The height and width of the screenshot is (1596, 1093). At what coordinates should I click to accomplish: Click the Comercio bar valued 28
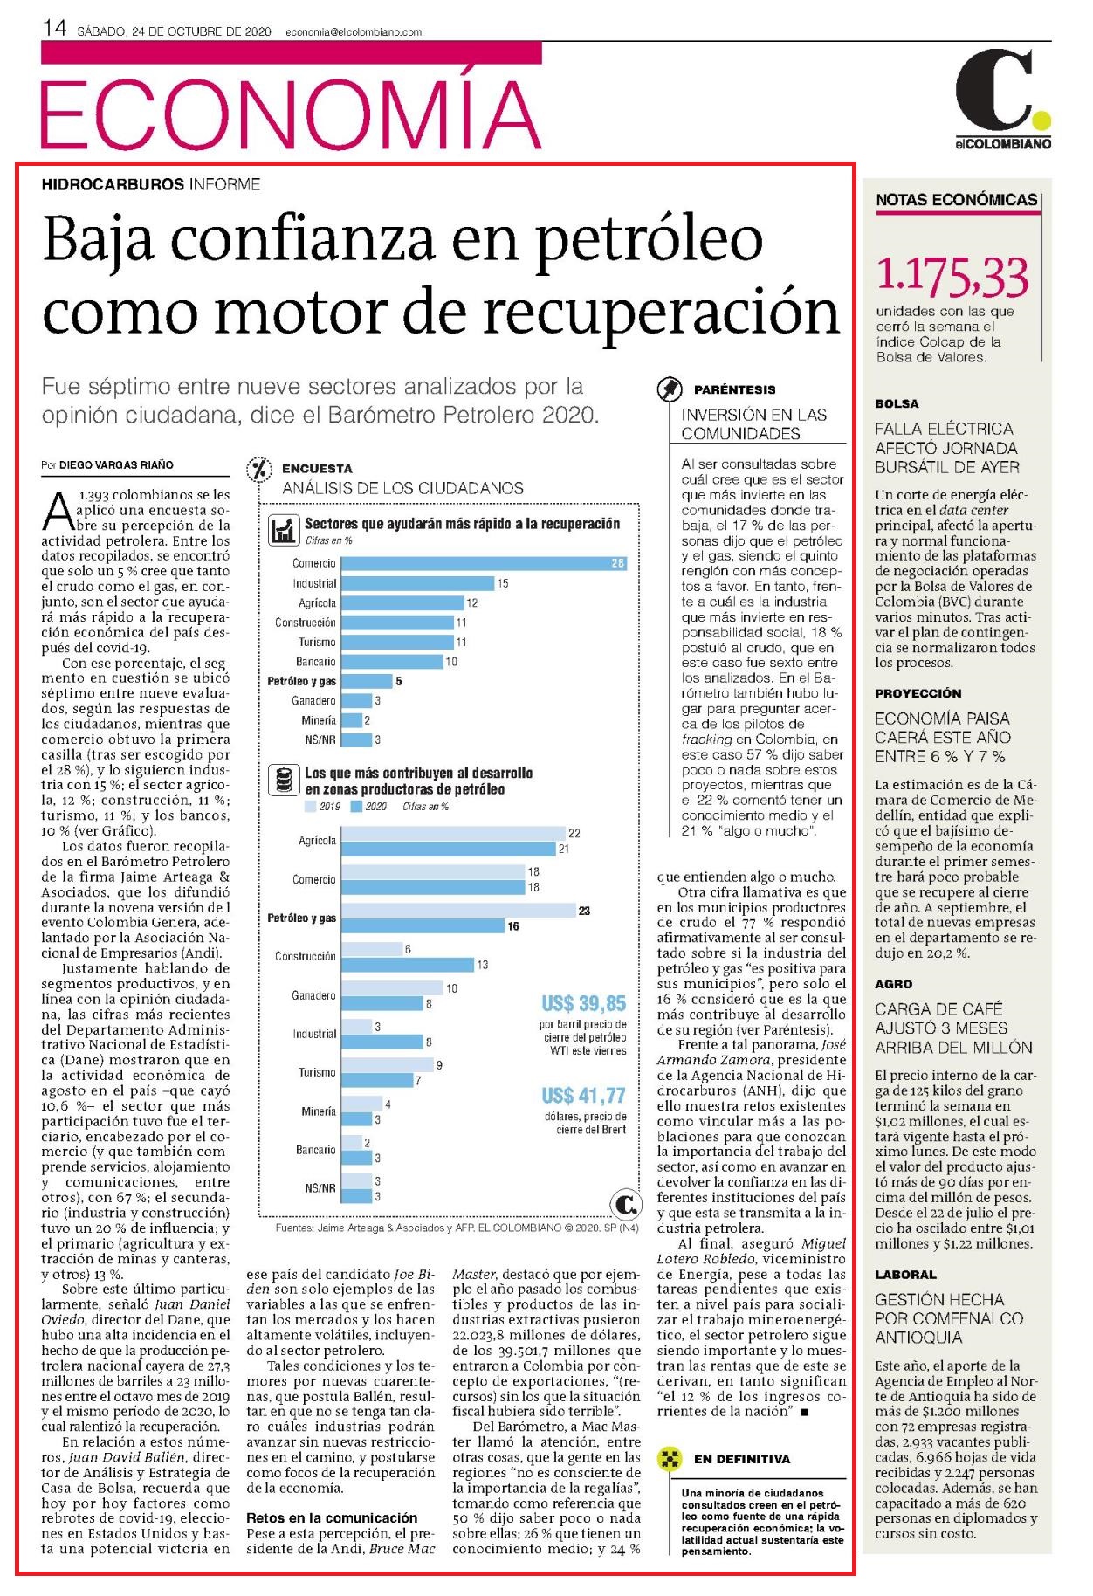pos(484,563)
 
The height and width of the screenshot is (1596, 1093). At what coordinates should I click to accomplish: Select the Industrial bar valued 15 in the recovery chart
pos(417,583)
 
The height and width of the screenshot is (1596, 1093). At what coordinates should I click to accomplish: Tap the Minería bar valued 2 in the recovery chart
pos(351,720)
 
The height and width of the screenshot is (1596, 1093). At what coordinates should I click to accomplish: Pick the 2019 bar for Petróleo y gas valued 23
pos(457,911)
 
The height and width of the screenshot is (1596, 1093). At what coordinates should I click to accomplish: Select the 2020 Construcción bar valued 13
pos(407,965)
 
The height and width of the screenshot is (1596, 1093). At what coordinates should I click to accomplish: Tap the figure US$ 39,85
pos(584,1003)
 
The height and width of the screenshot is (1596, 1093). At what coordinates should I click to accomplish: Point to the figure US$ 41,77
pos(584,1095)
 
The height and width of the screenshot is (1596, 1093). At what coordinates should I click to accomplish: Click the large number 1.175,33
pos(952,277)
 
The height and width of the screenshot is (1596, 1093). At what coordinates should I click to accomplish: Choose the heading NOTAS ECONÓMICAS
pos(957,200)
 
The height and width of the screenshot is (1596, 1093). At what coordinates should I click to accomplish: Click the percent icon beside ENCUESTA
pos(259,470)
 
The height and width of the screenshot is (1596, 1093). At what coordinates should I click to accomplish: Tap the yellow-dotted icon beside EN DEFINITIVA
pos(669,1459)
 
